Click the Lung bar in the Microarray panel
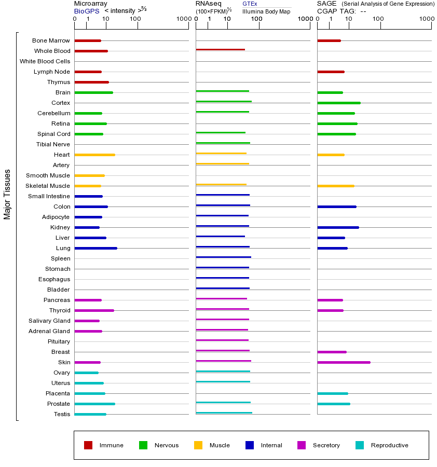point(95,248)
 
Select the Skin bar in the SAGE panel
point(344,362)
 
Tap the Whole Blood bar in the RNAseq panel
point(220,50)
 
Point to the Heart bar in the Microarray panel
point(94,155)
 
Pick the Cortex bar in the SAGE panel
point(338,103)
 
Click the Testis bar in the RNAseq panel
point(224,413)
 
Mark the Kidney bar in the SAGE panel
point(338,227)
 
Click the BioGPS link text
point(86,11)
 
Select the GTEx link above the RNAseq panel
point(250,4)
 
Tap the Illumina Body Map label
point(266,11)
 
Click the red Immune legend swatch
point(88,445)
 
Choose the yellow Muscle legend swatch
point(198,445)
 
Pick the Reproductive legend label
point(389,445)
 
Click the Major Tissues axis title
point(7,194)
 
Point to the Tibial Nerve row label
point(53,144)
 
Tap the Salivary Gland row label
point(49,321)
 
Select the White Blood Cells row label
point(45,61)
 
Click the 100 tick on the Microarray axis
point(135,19)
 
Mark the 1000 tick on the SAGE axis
point(427,19)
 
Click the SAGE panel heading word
point(326,4)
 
